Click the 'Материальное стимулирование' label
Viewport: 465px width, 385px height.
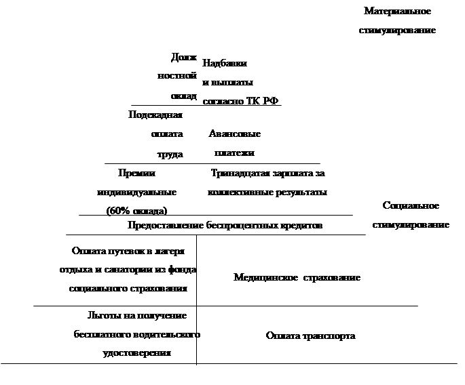coord(396,21)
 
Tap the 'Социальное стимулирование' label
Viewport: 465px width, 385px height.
coord(410,215)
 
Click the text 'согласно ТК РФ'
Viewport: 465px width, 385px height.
coord(240,101)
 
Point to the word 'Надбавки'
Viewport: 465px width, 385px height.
coord(224,63)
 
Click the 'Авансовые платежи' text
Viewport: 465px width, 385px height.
coord(234,143)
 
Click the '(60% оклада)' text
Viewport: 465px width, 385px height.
coord(137,210)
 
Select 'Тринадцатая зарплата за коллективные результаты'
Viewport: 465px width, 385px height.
coord(268,183)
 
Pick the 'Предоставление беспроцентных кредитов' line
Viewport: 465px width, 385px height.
coord(225,225)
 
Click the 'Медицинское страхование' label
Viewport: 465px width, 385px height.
coord(297,278)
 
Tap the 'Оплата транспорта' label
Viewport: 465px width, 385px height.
coord(310,336)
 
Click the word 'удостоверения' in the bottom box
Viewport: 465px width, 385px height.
coord(136,352)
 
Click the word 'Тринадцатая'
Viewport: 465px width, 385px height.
coord(240,174)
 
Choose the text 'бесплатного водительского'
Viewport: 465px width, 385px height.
coord(136,335)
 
